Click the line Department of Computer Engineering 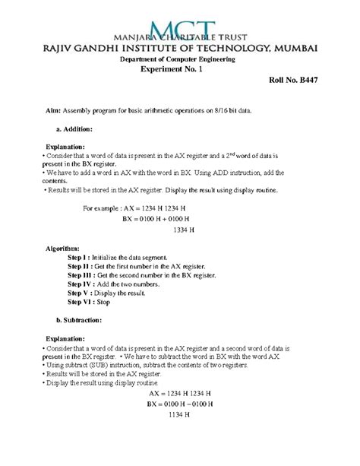tap(180, 59)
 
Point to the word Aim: tap(49, 110)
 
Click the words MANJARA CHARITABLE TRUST tap(179, 36)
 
